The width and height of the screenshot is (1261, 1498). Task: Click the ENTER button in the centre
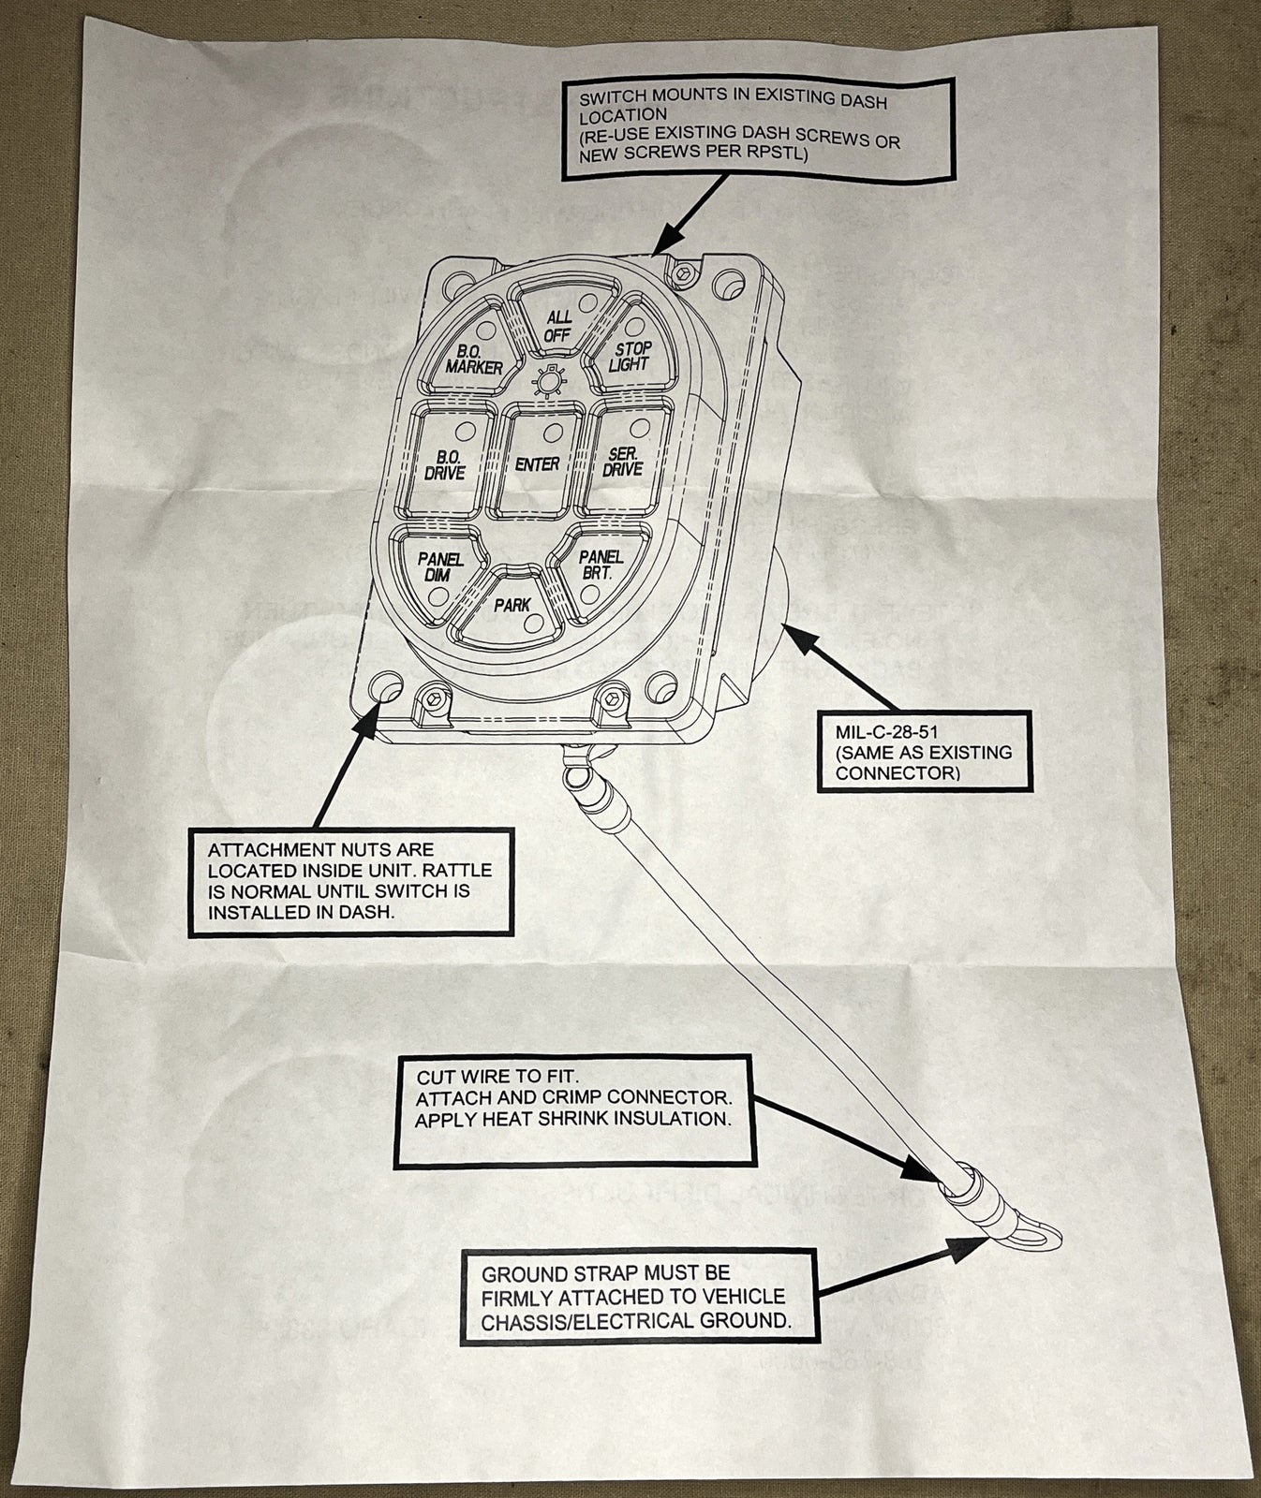(x=537, y=463)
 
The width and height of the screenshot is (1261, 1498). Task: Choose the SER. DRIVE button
(x=621, y=460)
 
